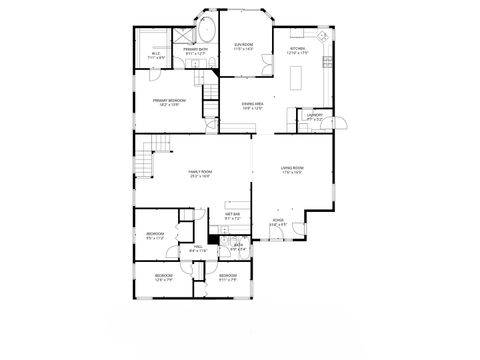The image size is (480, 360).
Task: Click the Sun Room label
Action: coord(243,46)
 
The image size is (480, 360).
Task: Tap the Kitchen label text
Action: coord(298,50)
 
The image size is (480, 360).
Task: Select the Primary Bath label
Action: coord(196,51)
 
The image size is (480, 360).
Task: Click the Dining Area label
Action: coord(253,105)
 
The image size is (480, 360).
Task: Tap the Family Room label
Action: coord(200,173)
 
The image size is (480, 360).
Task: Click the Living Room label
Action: coord(291,169)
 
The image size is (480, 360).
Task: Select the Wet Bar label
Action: coord(232,216)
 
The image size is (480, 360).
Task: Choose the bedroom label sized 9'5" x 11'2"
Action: coord(155,236)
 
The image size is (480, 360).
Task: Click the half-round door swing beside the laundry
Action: coord(339,121)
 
